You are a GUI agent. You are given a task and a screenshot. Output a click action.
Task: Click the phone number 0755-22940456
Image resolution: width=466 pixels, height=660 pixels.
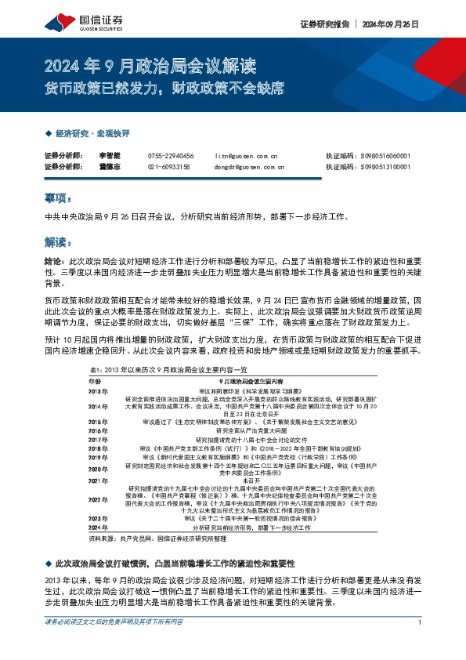170,156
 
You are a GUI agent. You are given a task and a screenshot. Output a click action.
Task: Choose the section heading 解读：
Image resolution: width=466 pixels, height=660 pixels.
59,241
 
